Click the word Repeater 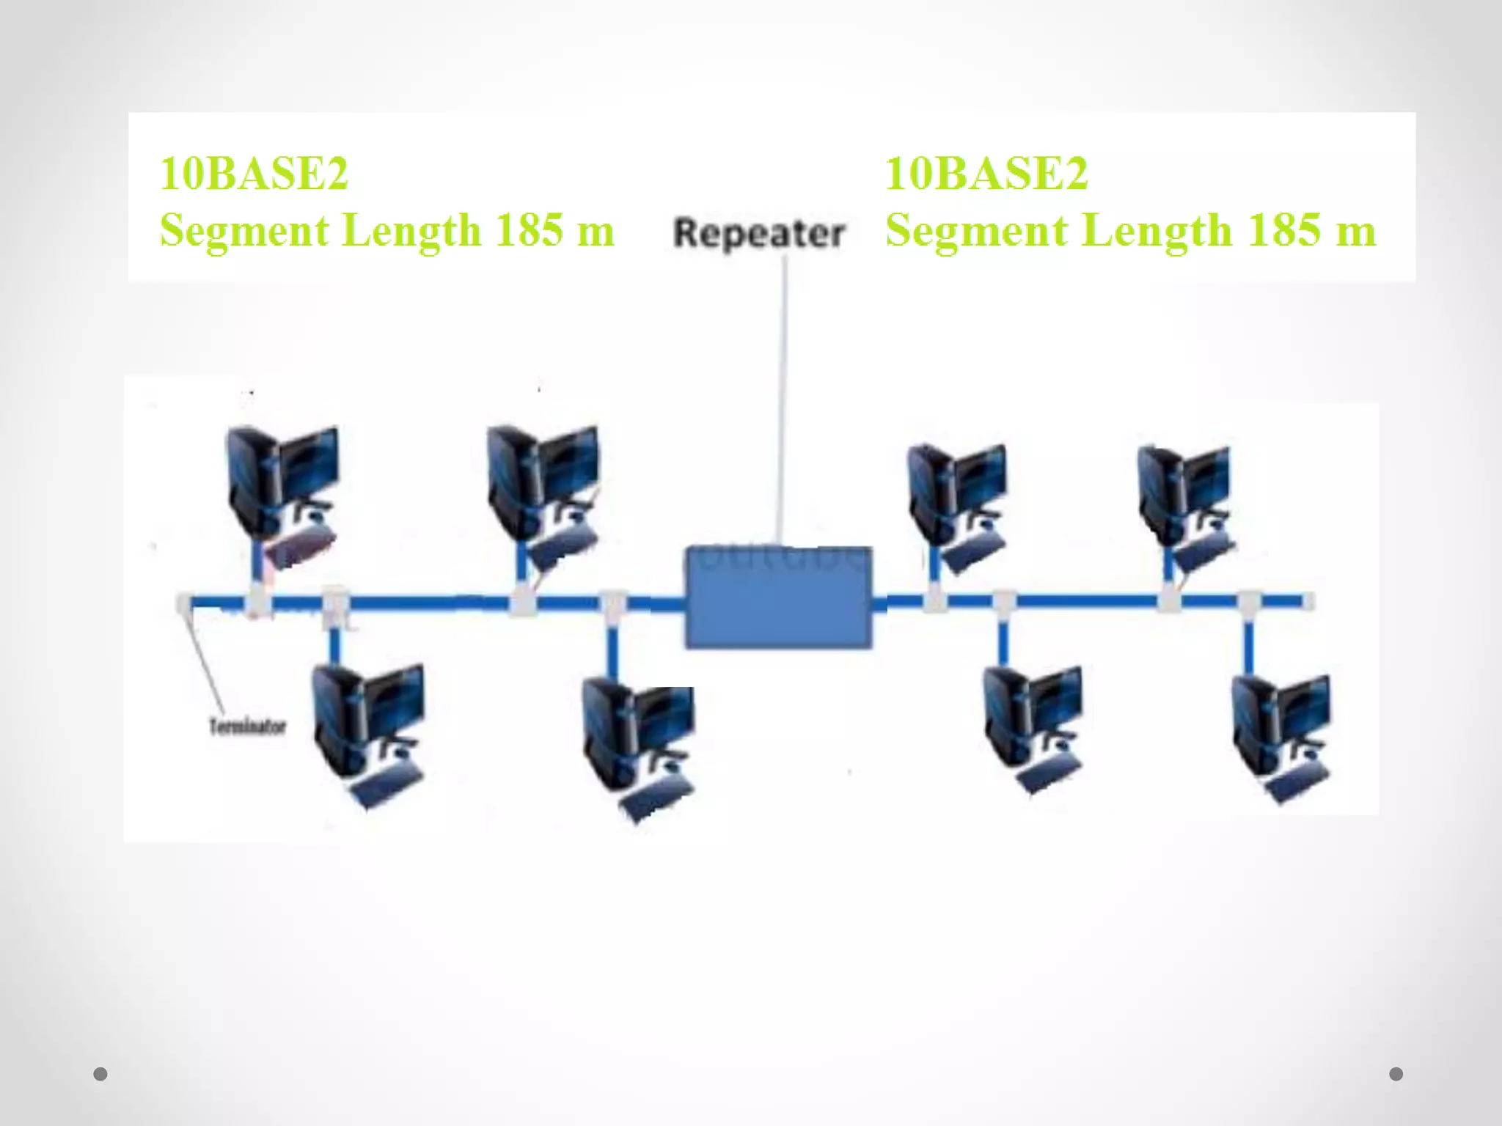point(759,234)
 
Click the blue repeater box point(779,597)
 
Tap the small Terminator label point(247,727)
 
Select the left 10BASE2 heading point(254,174)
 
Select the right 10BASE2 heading point(986,174)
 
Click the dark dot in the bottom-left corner point(100,1074)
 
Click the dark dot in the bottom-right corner point(1396,1074)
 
